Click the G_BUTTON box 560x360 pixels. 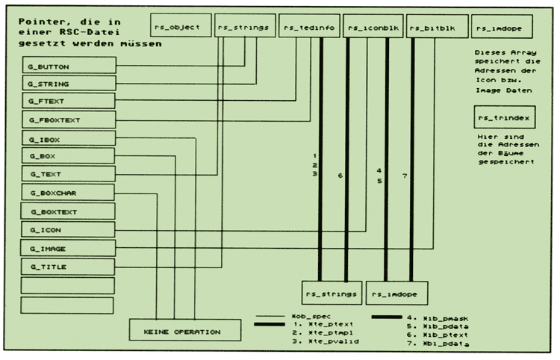[x=68, y=66]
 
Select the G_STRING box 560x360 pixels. [x=68, y=84]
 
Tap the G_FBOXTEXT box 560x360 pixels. [x=68, y=120]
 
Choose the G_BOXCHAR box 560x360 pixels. [x=68, y=193]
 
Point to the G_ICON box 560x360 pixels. [x=68, y=229]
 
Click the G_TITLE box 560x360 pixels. [x=68, y=266]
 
